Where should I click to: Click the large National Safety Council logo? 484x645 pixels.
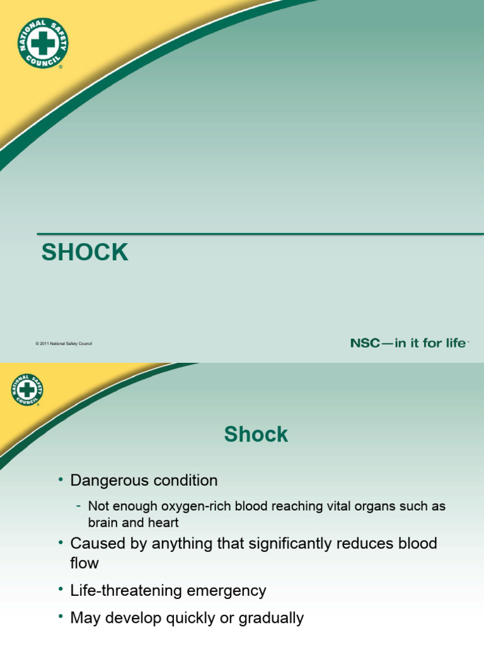click(43, 42)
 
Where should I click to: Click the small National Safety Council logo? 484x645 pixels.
click(26, 389)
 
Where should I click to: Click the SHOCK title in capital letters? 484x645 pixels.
click(85, 253)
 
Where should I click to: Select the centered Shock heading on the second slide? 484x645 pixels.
click(256, 434)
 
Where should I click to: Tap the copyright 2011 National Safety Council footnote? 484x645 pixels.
click(64, 343)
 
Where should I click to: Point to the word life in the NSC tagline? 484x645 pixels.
click(453, 343)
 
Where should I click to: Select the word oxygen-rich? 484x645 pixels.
click(178, 506)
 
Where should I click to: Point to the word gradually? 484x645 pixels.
click(272, 619)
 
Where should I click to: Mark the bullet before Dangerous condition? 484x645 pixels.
click(61, 481)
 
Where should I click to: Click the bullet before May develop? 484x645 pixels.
click(61, 618)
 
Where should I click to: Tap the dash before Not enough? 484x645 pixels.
click(78, 506)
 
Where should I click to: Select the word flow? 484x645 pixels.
click(84, 562)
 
